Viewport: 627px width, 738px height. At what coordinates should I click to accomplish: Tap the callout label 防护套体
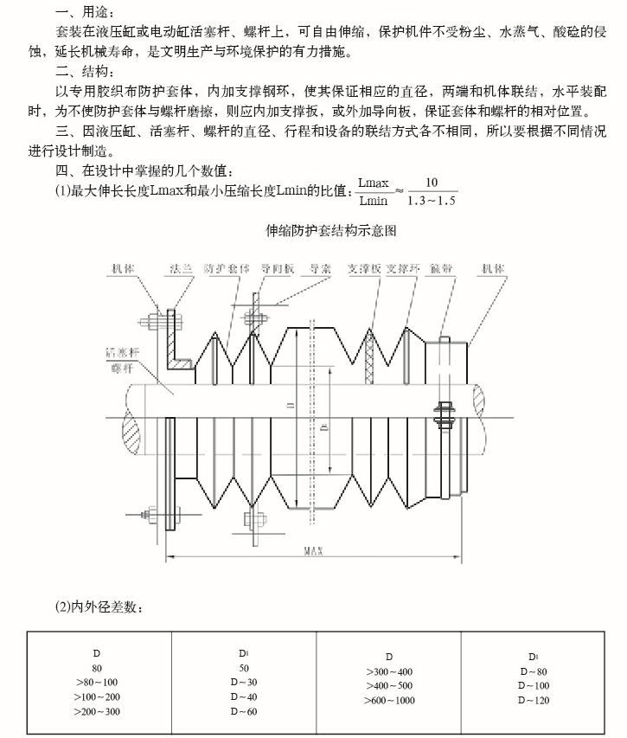tap(226, 269)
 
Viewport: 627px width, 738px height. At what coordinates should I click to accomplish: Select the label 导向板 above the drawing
tap(278, 269)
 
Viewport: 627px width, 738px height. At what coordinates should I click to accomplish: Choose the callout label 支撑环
tap(403, 269)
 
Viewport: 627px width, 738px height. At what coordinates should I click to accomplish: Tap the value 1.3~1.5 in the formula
tap(431, 202)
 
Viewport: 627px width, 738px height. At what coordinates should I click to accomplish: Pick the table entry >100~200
tap(98, 696)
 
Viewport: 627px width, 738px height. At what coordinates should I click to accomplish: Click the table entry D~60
tap(243, 711)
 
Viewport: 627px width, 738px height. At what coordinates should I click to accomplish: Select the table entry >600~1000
tap(389, 700)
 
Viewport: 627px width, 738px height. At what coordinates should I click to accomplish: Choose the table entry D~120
tap(534, 700)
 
